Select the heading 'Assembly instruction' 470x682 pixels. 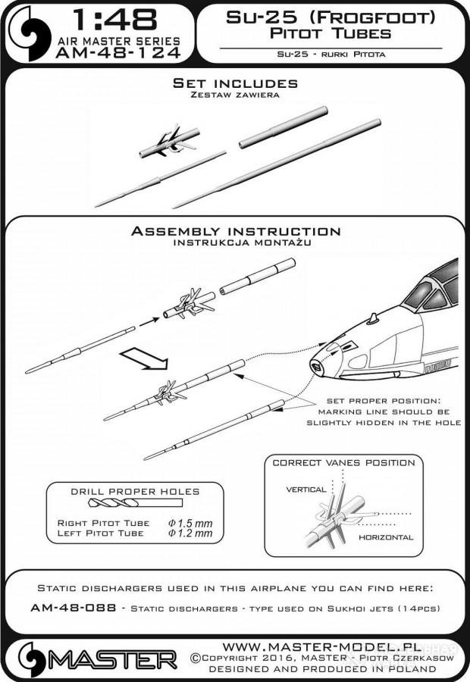236,231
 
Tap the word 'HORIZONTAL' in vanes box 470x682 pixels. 387,537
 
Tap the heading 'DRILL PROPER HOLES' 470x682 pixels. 134,490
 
